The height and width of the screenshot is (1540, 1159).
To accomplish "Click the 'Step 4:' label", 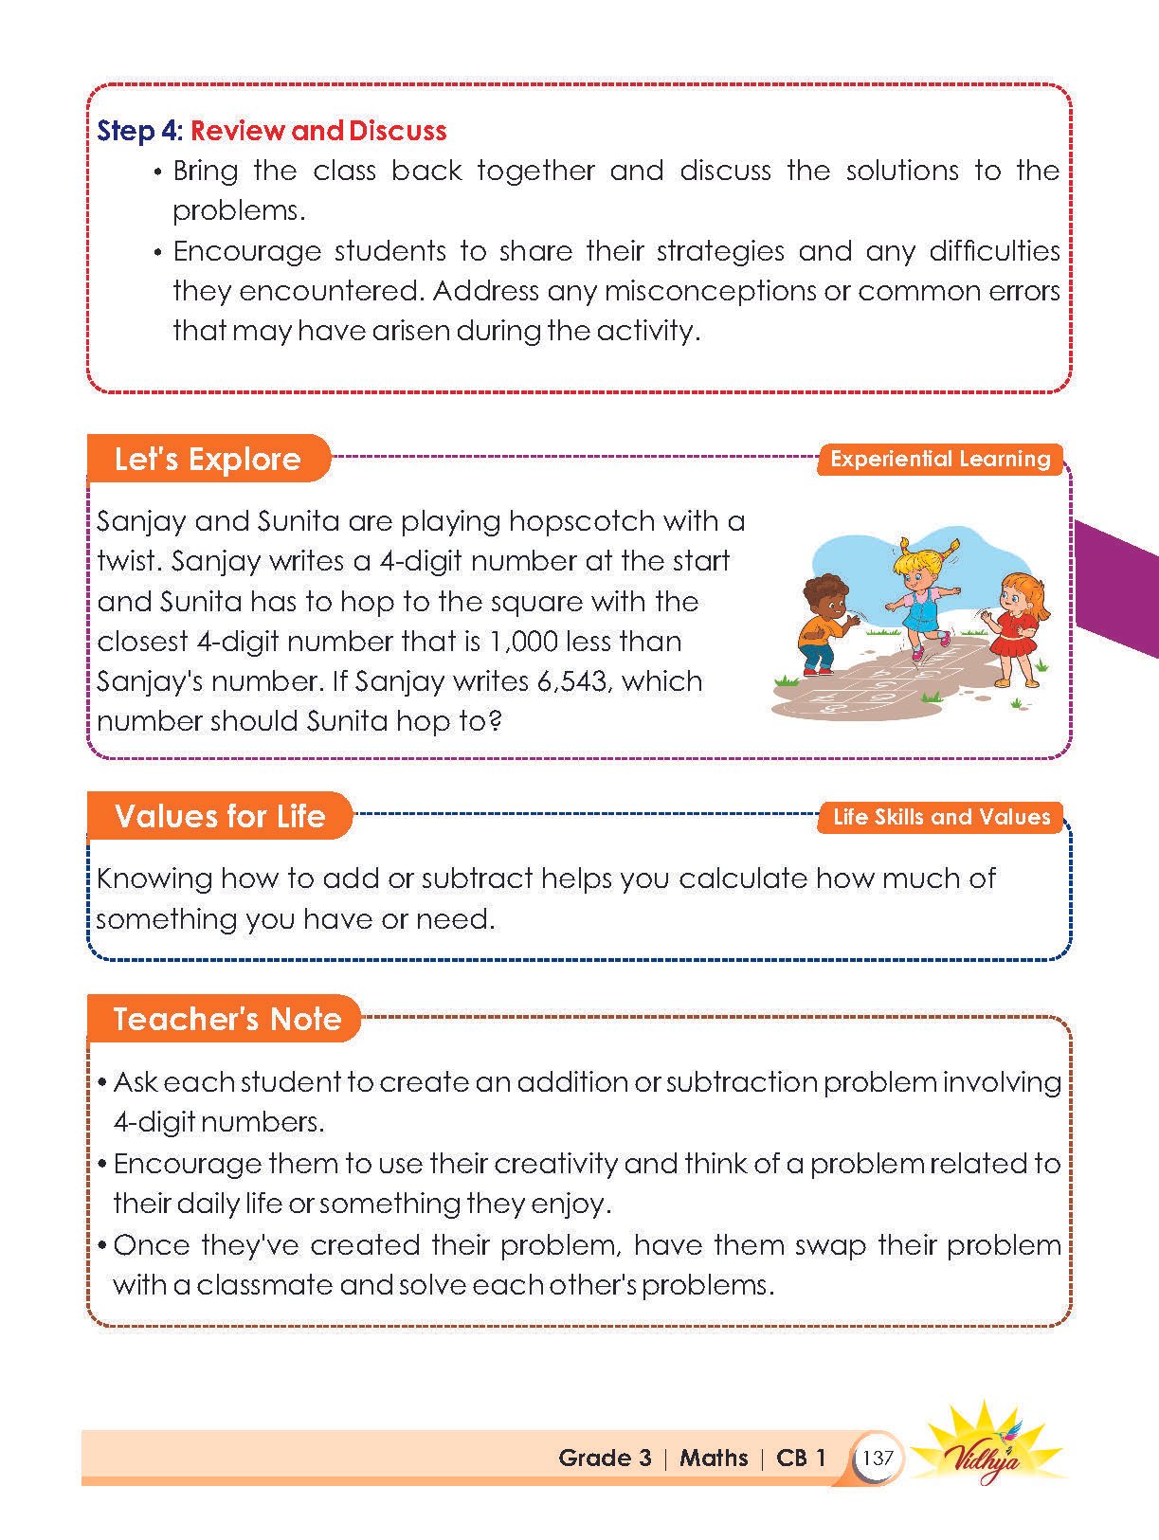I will (139, 131).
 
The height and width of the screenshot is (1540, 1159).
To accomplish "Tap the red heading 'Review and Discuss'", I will (318, 131).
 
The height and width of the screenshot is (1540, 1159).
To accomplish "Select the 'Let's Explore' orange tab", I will (208, 459).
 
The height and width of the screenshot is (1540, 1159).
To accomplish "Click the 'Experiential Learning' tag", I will (940, 459).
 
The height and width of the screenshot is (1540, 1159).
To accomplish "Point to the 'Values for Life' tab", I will (220, 816).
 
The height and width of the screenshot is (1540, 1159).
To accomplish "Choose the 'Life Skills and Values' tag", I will (941, 817).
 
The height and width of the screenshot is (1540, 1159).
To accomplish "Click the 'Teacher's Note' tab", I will (226, 1019).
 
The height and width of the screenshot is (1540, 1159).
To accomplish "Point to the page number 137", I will (878, 1458).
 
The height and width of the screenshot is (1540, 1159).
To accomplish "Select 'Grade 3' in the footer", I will (605, 1458).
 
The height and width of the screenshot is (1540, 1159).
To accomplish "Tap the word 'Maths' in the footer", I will (714, 1458).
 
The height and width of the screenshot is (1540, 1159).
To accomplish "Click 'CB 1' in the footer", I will (801, 1458).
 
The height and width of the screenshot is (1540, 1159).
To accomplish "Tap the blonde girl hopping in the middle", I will (915, 597).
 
